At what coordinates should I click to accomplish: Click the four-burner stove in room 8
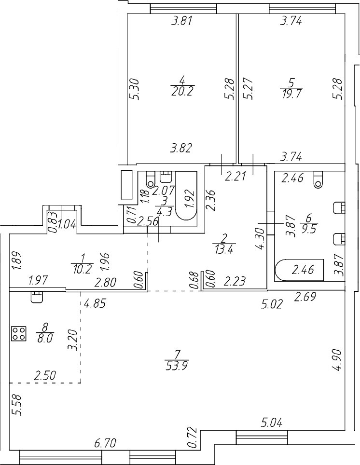pos(19,333)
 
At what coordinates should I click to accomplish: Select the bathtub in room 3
pos(186,197)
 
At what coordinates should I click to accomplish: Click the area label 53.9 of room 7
pos(176,365)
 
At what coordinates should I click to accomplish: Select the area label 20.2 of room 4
pos(181,91)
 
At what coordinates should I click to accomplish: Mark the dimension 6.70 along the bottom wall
pos(105,443)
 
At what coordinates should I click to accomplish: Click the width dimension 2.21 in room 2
pos(236,177)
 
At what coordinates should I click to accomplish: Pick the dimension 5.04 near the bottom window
pos(273,424)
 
